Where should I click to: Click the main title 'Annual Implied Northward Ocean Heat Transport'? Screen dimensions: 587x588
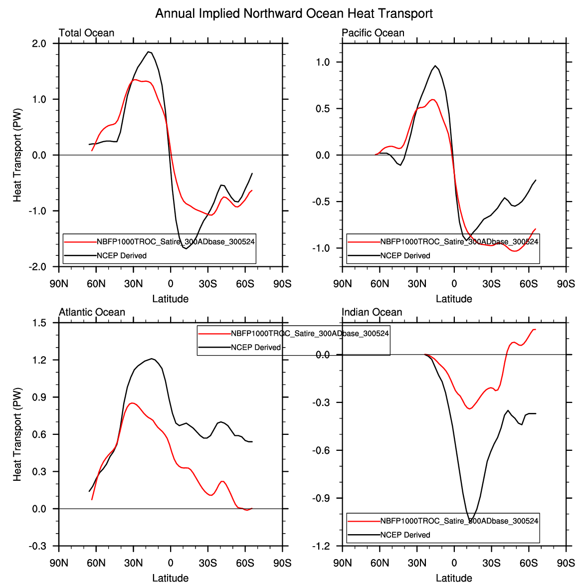[x=294, y=13]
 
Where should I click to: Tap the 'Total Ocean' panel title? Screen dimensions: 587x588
[x=86, y=33]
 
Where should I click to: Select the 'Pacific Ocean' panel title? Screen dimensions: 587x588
[x=373, y=33]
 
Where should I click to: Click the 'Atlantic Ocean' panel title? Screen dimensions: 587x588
[x=92, y=312]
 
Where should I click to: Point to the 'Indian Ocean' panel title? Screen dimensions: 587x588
[x=372, y=312]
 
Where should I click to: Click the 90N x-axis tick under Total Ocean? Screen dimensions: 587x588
[x=59, y=284]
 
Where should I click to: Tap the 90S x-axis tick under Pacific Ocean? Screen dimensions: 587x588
[x=566, y=284]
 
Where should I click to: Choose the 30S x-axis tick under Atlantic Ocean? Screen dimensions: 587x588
[x=207, y=564]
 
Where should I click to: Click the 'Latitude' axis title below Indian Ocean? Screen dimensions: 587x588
[x=454, y=579]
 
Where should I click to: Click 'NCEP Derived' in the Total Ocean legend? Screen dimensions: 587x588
[x=122, y=256]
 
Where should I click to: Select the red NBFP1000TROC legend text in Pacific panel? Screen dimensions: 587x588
[x=459, y=242]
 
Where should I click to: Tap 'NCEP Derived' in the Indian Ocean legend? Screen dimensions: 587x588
[x=405, y=535]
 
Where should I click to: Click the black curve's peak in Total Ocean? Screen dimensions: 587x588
[x=149, y=51]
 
